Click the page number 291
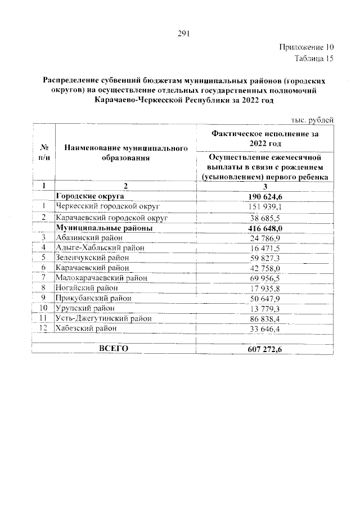coord(182,33)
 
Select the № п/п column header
coord(43,152)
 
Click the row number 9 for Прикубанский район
coord(43,298)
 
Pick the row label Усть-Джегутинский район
coord(103,318)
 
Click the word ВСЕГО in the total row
coord(114,349)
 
